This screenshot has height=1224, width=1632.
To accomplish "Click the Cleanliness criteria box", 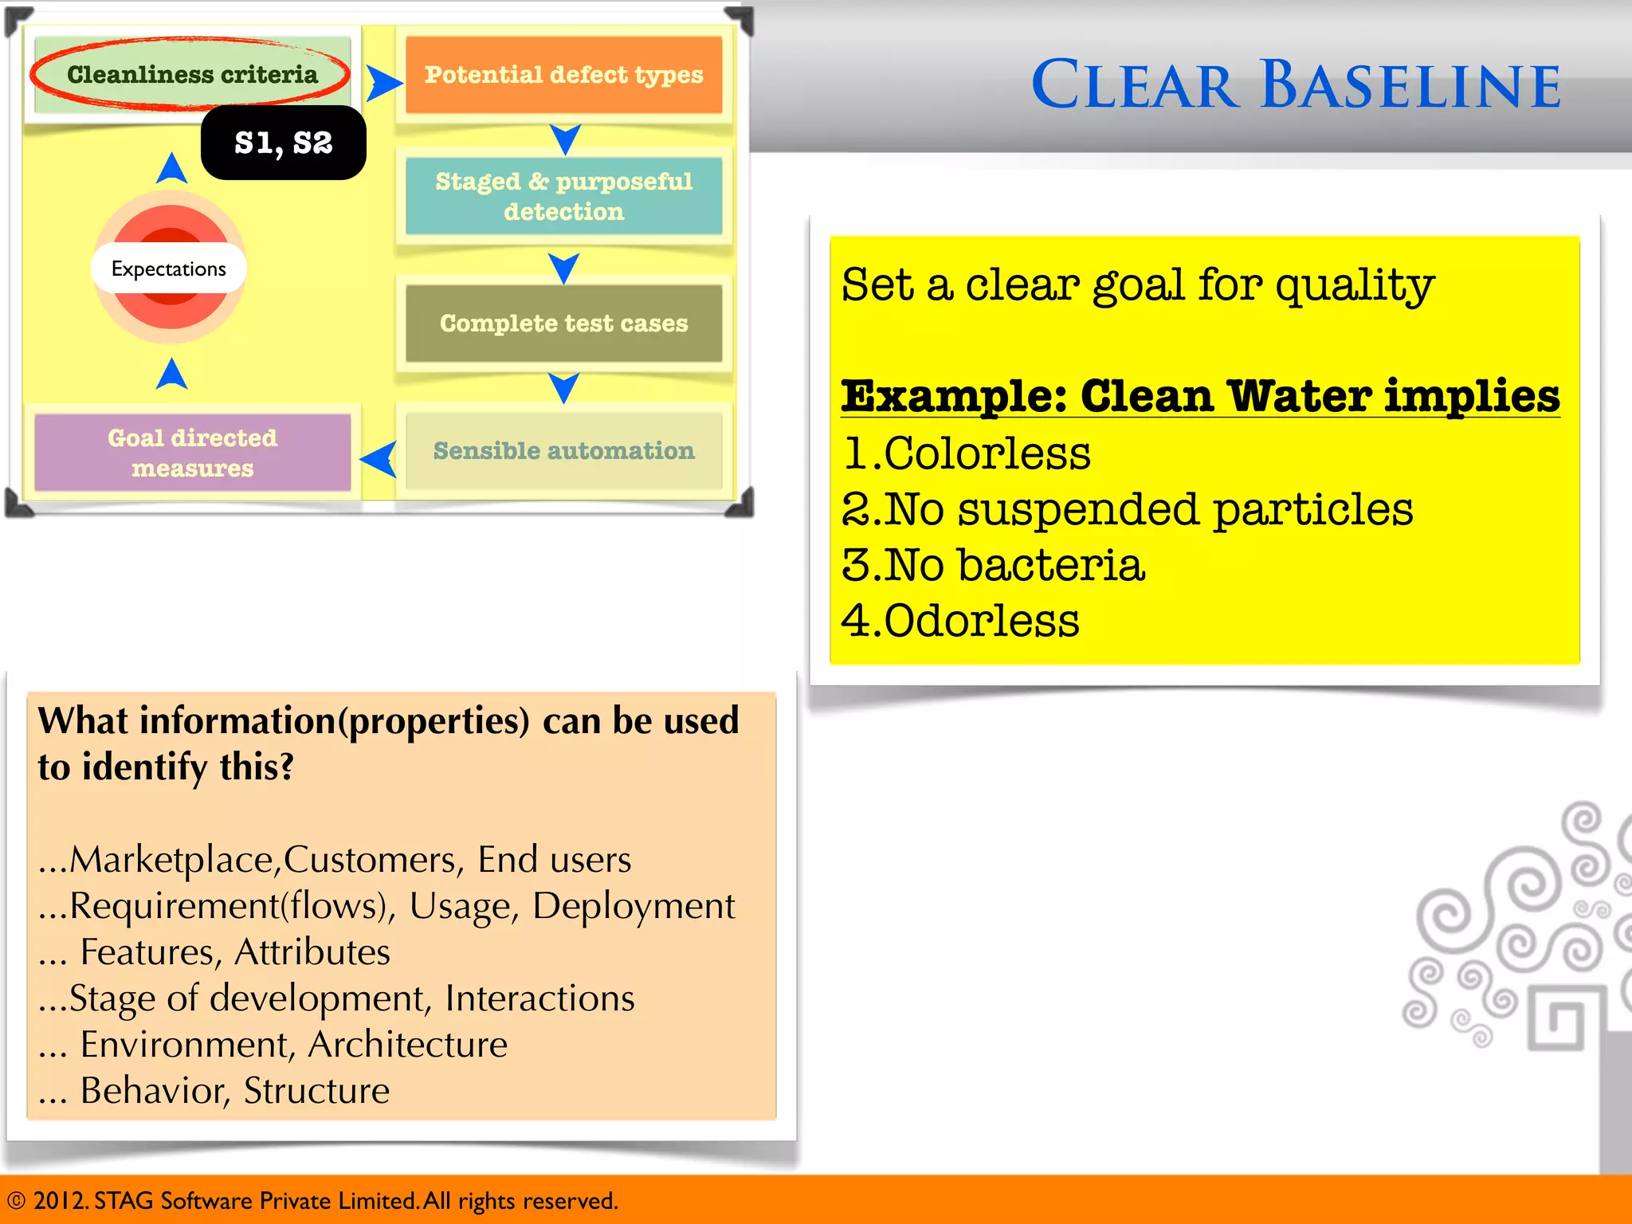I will tap(191, 74).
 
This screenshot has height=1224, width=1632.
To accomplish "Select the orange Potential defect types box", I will tap(563, 74).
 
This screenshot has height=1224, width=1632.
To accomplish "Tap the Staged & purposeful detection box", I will tap(563, 196).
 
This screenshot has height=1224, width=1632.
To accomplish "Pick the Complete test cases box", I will tap(563, 323).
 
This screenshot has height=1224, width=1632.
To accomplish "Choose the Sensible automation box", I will tap(563, 451).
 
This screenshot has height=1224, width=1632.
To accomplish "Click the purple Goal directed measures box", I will tap(192, 453).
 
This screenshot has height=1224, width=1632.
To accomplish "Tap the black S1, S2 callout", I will tap(283, 143).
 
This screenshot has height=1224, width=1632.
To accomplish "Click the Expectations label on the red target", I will tap(168, 269).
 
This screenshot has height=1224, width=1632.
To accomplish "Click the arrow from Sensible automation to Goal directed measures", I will tap(379, 459).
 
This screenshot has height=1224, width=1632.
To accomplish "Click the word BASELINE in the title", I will tap(1410, 85).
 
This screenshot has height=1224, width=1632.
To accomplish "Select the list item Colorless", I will tap(987, 453).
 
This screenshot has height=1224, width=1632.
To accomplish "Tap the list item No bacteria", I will tap(1014, 565).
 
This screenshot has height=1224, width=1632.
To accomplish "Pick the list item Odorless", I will tap(981, 621).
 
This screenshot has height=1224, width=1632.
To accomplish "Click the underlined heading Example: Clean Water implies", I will tap(1200, 396).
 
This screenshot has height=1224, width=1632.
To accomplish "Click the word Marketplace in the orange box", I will tap(171, 860).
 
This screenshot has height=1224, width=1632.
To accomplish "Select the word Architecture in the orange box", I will tap(407, 1045).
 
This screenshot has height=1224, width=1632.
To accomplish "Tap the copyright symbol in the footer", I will tap(17, 1201).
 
